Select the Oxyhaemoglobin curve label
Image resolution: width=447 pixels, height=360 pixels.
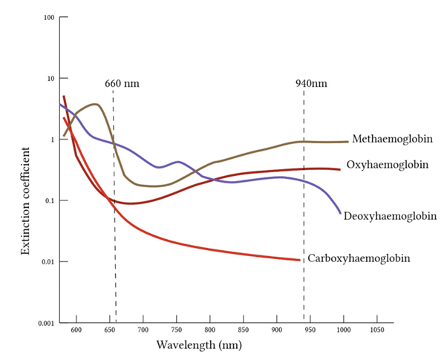pos(387,164)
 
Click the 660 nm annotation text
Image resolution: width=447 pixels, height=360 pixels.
pos(121,83)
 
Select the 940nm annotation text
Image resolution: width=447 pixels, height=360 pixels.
pos(311,83)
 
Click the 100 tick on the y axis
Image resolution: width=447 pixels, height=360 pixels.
pos(50,17)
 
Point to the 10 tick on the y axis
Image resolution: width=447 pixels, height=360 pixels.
pos(51,79)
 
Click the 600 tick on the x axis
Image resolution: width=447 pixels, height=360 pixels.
pos(76,332)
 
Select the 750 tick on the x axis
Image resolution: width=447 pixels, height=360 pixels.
pos(177,332)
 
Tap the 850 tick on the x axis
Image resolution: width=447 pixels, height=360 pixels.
pos(244,332)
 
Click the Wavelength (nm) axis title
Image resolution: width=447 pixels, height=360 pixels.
pos(199,346)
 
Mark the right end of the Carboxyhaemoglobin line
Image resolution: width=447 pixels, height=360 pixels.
pos(299,260)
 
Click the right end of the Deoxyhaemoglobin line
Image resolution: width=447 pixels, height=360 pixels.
pos(340,214)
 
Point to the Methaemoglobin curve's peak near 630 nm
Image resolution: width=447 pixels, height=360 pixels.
pos(95,105)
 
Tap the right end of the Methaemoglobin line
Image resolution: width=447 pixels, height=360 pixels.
pos(348,141)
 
